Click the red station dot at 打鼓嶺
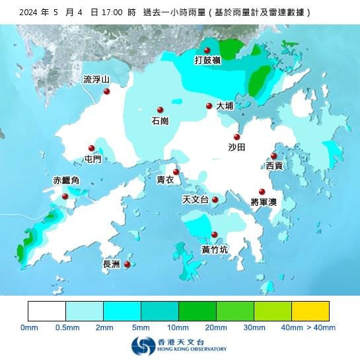(207, 50)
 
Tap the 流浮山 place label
(96, 80)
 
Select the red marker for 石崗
(160, 110)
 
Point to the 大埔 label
(225, 106)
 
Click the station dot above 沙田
(236, 137)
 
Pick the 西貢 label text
(274, 166)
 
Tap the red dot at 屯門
(92, 148)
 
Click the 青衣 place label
(165, 180)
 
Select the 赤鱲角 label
(66, 181)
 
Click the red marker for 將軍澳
(262, 191)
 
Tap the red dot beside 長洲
(127, 264)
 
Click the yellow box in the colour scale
(310, 311)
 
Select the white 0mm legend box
(47, 311)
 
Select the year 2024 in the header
(30, 12)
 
